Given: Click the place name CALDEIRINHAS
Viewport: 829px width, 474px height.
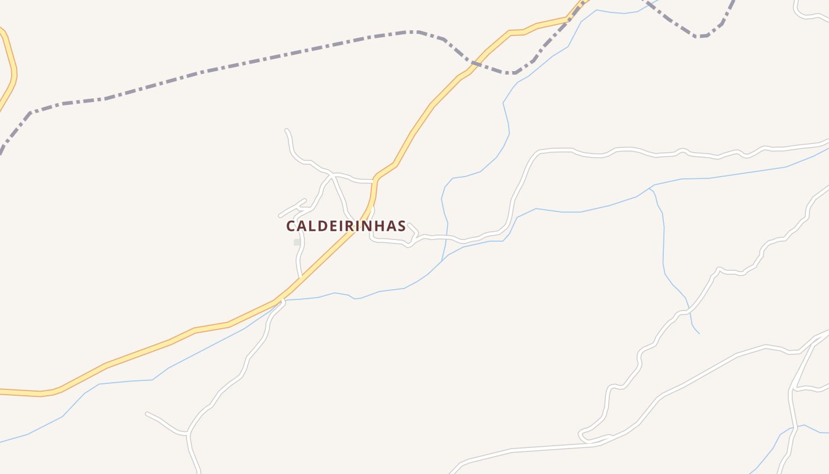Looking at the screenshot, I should [x=346, y=226].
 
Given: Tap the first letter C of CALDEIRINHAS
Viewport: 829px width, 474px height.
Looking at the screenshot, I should [x=291, y=226].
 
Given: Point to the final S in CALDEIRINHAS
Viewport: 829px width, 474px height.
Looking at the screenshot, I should [x=401, y=226].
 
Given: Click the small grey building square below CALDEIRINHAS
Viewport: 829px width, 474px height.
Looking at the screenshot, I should [x=297, y=242].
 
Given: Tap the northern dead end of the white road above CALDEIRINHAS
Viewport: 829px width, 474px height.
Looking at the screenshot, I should [x=287, y=130].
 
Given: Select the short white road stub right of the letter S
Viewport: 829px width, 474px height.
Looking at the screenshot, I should [x=413, y=228].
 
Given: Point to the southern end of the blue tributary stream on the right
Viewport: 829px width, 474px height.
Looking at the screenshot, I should [x=699, y=333].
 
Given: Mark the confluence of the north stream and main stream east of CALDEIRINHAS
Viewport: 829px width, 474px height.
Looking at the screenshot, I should [x=442, y=260].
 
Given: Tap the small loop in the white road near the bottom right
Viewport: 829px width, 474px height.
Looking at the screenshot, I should [x=584, y=436].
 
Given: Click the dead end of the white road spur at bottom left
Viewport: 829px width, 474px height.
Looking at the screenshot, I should [x=147, y=414].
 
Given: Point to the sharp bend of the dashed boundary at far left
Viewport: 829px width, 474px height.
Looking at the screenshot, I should [x=30, y=111].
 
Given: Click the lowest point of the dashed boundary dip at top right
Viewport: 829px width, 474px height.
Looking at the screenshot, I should [x=702, y=36].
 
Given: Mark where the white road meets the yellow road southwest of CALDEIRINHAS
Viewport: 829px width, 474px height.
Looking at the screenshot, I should [x=282, y=300].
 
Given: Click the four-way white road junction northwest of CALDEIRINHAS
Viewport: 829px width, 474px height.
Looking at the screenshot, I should [x=332, y=175].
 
